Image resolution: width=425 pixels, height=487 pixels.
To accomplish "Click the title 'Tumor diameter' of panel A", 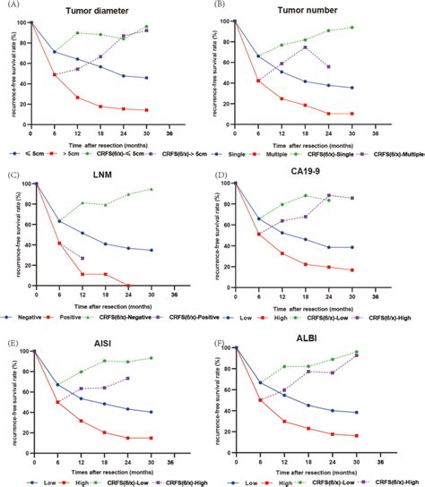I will click(106, 12).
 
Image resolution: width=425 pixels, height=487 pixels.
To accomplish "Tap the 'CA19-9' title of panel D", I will click(311, 175).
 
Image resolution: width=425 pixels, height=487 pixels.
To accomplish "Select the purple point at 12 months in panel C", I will click(82, 258).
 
